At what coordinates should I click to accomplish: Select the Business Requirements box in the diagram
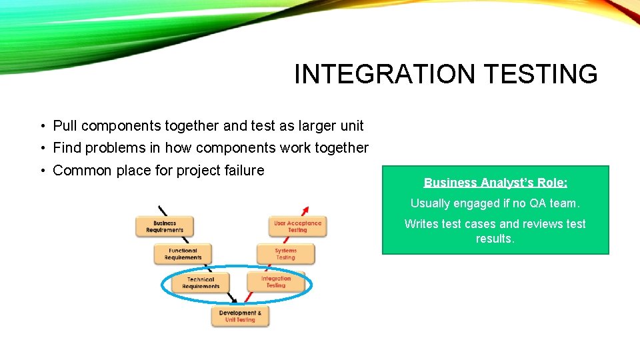tap(164, 227)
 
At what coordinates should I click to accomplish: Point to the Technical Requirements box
tap(201, 283)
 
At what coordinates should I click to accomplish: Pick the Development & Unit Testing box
tap(240, 316)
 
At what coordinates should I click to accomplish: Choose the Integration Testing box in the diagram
tap(276, 282)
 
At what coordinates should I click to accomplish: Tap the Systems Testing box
tap(285, 254)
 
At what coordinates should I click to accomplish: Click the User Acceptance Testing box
tap(297, 227)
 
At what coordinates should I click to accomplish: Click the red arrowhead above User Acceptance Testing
tap(305, 208)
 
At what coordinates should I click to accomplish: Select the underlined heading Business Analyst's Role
tap(495, 182)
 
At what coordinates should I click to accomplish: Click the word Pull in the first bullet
tap(65, 125)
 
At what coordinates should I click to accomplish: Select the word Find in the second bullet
tap(66, 147)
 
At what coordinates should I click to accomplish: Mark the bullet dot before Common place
tap(42, 171)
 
